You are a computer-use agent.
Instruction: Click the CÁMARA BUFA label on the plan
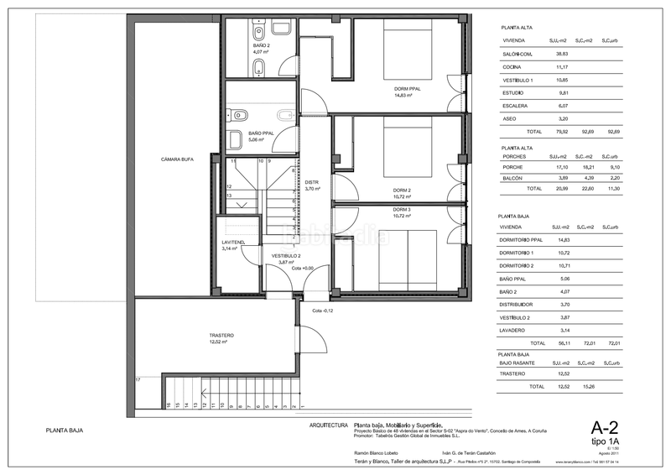click(x=177, y=159)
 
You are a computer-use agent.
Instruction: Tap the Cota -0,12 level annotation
click(x=323, y=311)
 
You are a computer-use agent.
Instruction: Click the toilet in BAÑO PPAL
click(x=242, y=114)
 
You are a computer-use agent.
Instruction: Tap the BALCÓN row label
click(x=513, y=179)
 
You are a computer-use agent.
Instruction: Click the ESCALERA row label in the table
click(x=514, y=106)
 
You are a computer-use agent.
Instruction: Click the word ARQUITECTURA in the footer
click(x=329, y=425)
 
